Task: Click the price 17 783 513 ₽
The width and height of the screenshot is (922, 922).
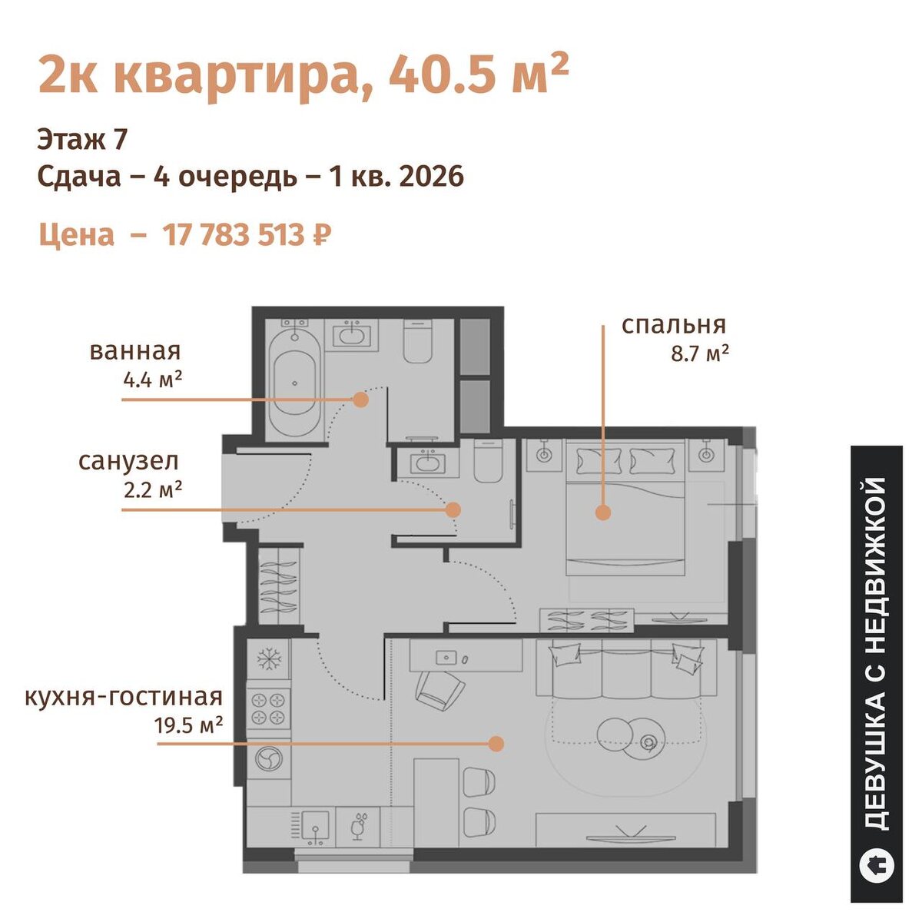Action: pyautogui.click(x=247, y=235)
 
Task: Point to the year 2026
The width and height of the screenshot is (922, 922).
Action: pyautogui.click(x=432, y=177)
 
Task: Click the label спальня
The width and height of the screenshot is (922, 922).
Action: pyautogui.click(x=674, y=325)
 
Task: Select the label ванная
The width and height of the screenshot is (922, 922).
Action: pyautogui.click(x=135, y=352)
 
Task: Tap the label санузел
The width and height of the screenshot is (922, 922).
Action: pyautogui.click(x=129, y=462)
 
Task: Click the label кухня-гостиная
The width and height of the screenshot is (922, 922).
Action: pyautogui.click(x=124, y=698)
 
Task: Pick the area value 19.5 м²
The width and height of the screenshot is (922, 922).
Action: pyautogui.click(x=188, y=726)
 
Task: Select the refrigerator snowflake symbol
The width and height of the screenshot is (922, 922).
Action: pyautogui.click(x=269, y=660)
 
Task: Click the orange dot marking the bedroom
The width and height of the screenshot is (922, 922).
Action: pyautogui.click(x=603, y=513)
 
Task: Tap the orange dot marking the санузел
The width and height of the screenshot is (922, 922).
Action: pyautogui.click(x=453, y=509)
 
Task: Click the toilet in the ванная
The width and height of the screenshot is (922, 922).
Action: pyautogui.click(x=419, y=341)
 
